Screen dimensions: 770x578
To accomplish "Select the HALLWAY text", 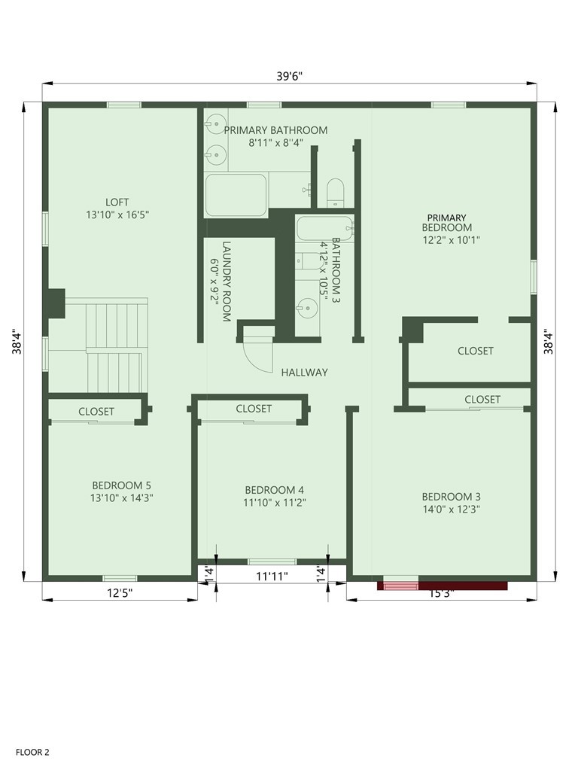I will point(305,372).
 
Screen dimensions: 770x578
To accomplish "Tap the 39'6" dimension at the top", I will point(289,75).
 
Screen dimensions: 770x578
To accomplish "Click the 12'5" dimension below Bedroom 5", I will point(119,593).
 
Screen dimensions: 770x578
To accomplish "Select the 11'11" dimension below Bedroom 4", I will point(272,577).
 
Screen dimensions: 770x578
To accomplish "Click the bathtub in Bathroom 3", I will point(323,228).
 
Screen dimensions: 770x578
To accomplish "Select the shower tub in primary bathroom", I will point(236,195).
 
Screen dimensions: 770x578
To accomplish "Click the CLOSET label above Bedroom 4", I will point(254,409).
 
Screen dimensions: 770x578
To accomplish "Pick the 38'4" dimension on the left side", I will point(17,343).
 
